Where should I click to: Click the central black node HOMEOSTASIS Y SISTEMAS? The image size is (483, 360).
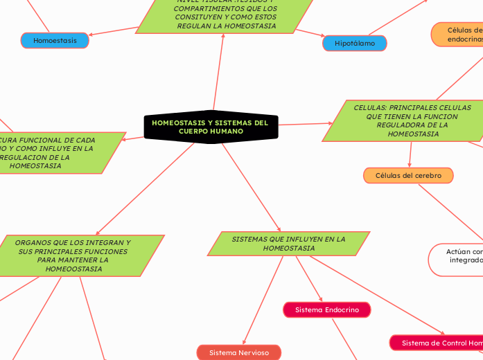(210, 127)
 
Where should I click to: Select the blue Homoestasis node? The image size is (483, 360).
(55, 41)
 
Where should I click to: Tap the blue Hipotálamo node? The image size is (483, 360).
(355, 44)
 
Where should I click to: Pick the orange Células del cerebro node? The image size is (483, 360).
(408, 176)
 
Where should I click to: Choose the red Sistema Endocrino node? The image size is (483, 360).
(327, 310)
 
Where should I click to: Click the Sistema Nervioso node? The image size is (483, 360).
(239, 352)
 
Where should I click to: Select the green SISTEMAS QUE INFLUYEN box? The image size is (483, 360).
(288, 243)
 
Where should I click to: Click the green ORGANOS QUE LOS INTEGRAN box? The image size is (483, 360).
(73, 255)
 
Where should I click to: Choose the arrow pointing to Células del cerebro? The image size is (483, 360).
(410, 155)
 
